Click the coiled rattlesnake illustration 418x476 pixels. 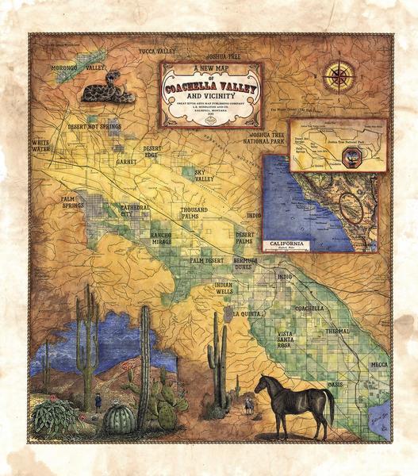(107, 86)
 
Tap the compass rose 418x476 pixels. (339, 77)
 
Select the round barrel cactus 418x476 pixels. (119, 417)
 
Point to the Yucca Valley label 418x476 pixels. (156, 52)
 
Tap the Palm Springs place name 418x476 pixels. (73, 202)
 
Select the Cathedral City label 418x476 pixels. (134, 210)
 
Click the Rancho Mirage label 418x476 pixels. (161, 238)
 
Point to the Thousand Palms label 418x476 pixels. (194, 213)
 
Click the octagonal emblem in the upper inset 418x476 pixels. (352, 159)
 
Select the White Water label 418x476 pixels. (40, 145)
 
